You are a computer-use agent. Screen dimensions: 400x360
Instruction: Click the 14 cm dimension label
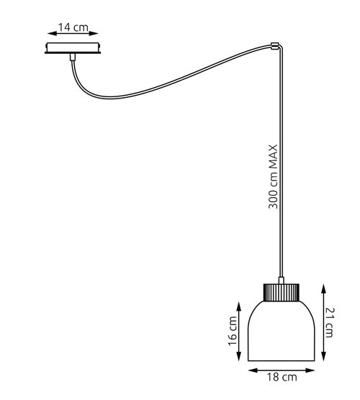tap(74, 27)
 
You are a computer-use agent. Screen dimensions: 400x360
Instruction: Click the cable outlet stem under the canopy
tap(73, 58)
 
